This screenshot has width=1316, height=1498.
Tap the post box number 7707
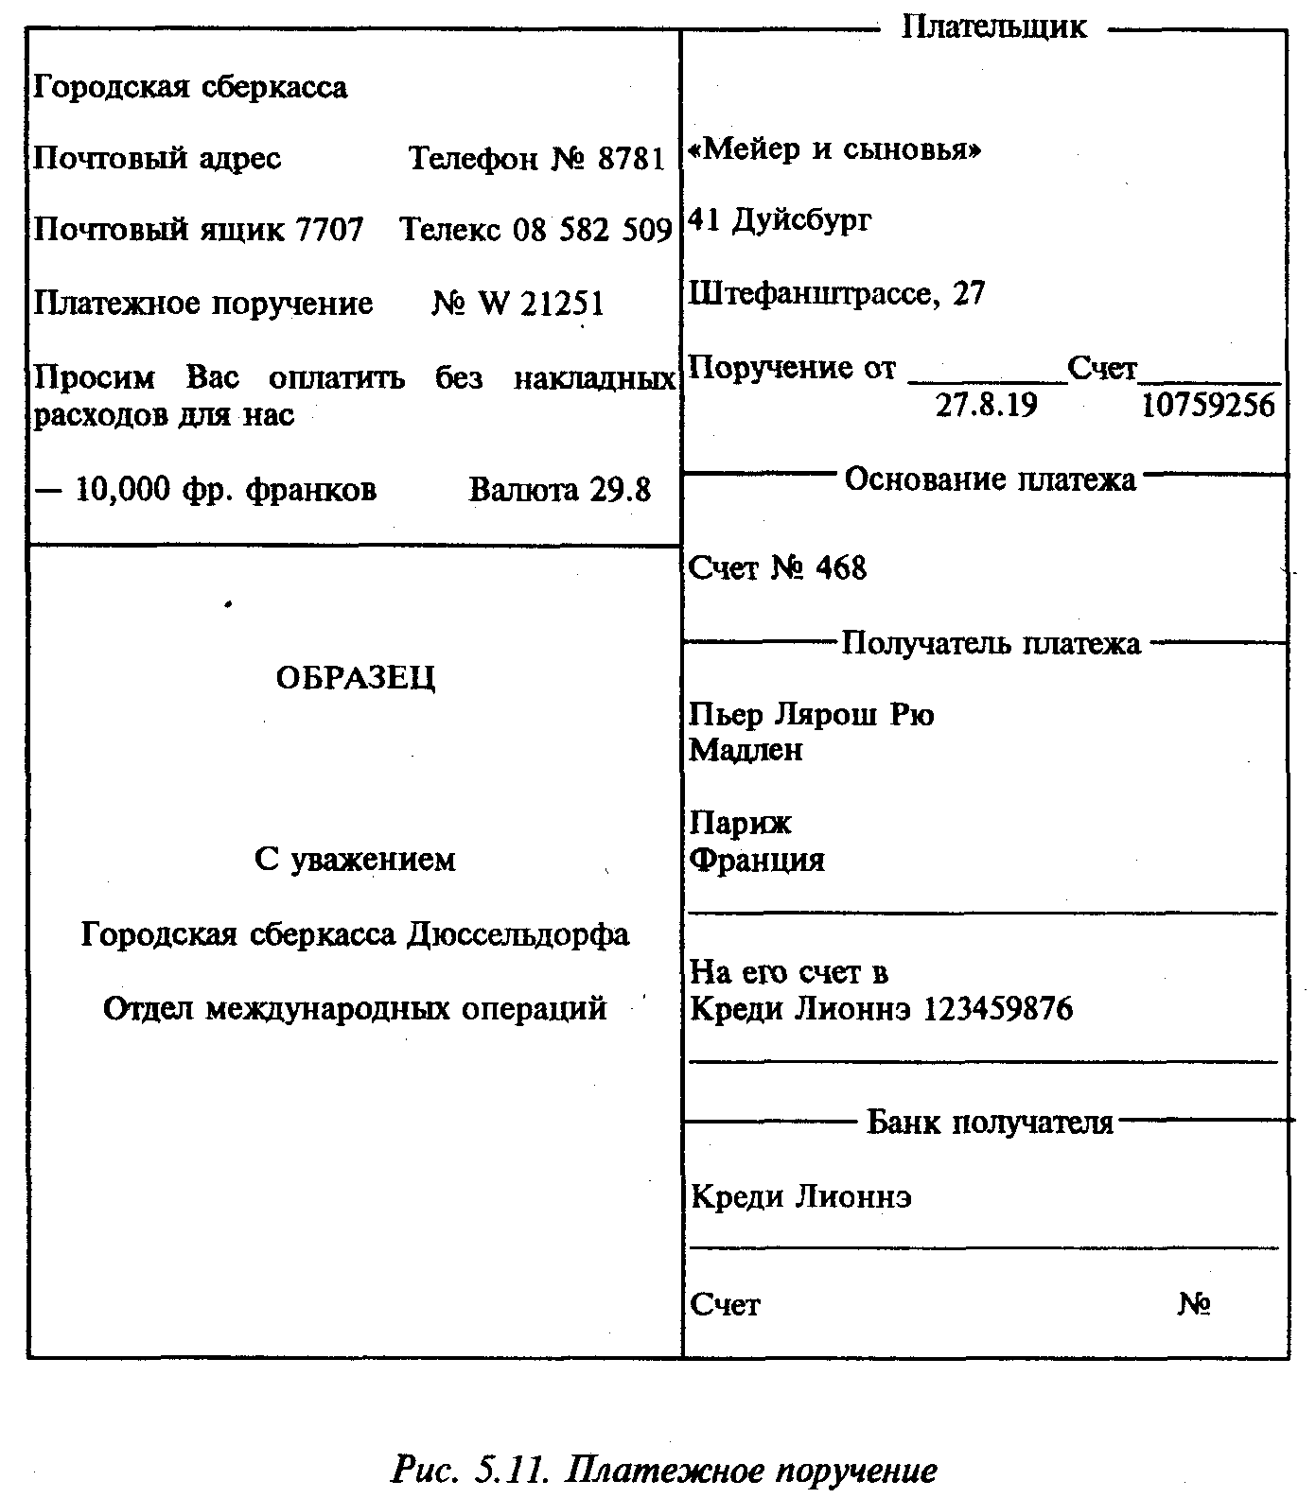pos(329,230)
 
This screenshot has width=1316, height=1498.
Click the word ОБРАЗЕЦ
pos(356,678)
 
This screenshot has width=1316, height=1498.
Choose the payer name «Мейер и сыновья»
pos(835,149)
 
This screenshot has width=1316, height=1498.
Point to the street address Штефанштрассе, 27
pos(836,294)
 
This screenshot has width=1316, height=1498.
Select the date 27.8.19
pos(986,406)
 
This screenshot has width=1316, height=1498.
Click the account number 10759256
pos(1208,406)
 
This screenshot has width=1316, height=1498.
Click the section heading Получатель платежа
pos(991,644)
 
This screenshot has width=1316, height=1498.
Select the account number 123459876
pos(997,1009)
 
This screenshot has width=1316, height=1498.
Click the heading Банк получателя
pos(990,1123)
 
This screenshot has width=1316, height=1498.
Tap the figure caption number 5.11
pos(511,1471)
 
